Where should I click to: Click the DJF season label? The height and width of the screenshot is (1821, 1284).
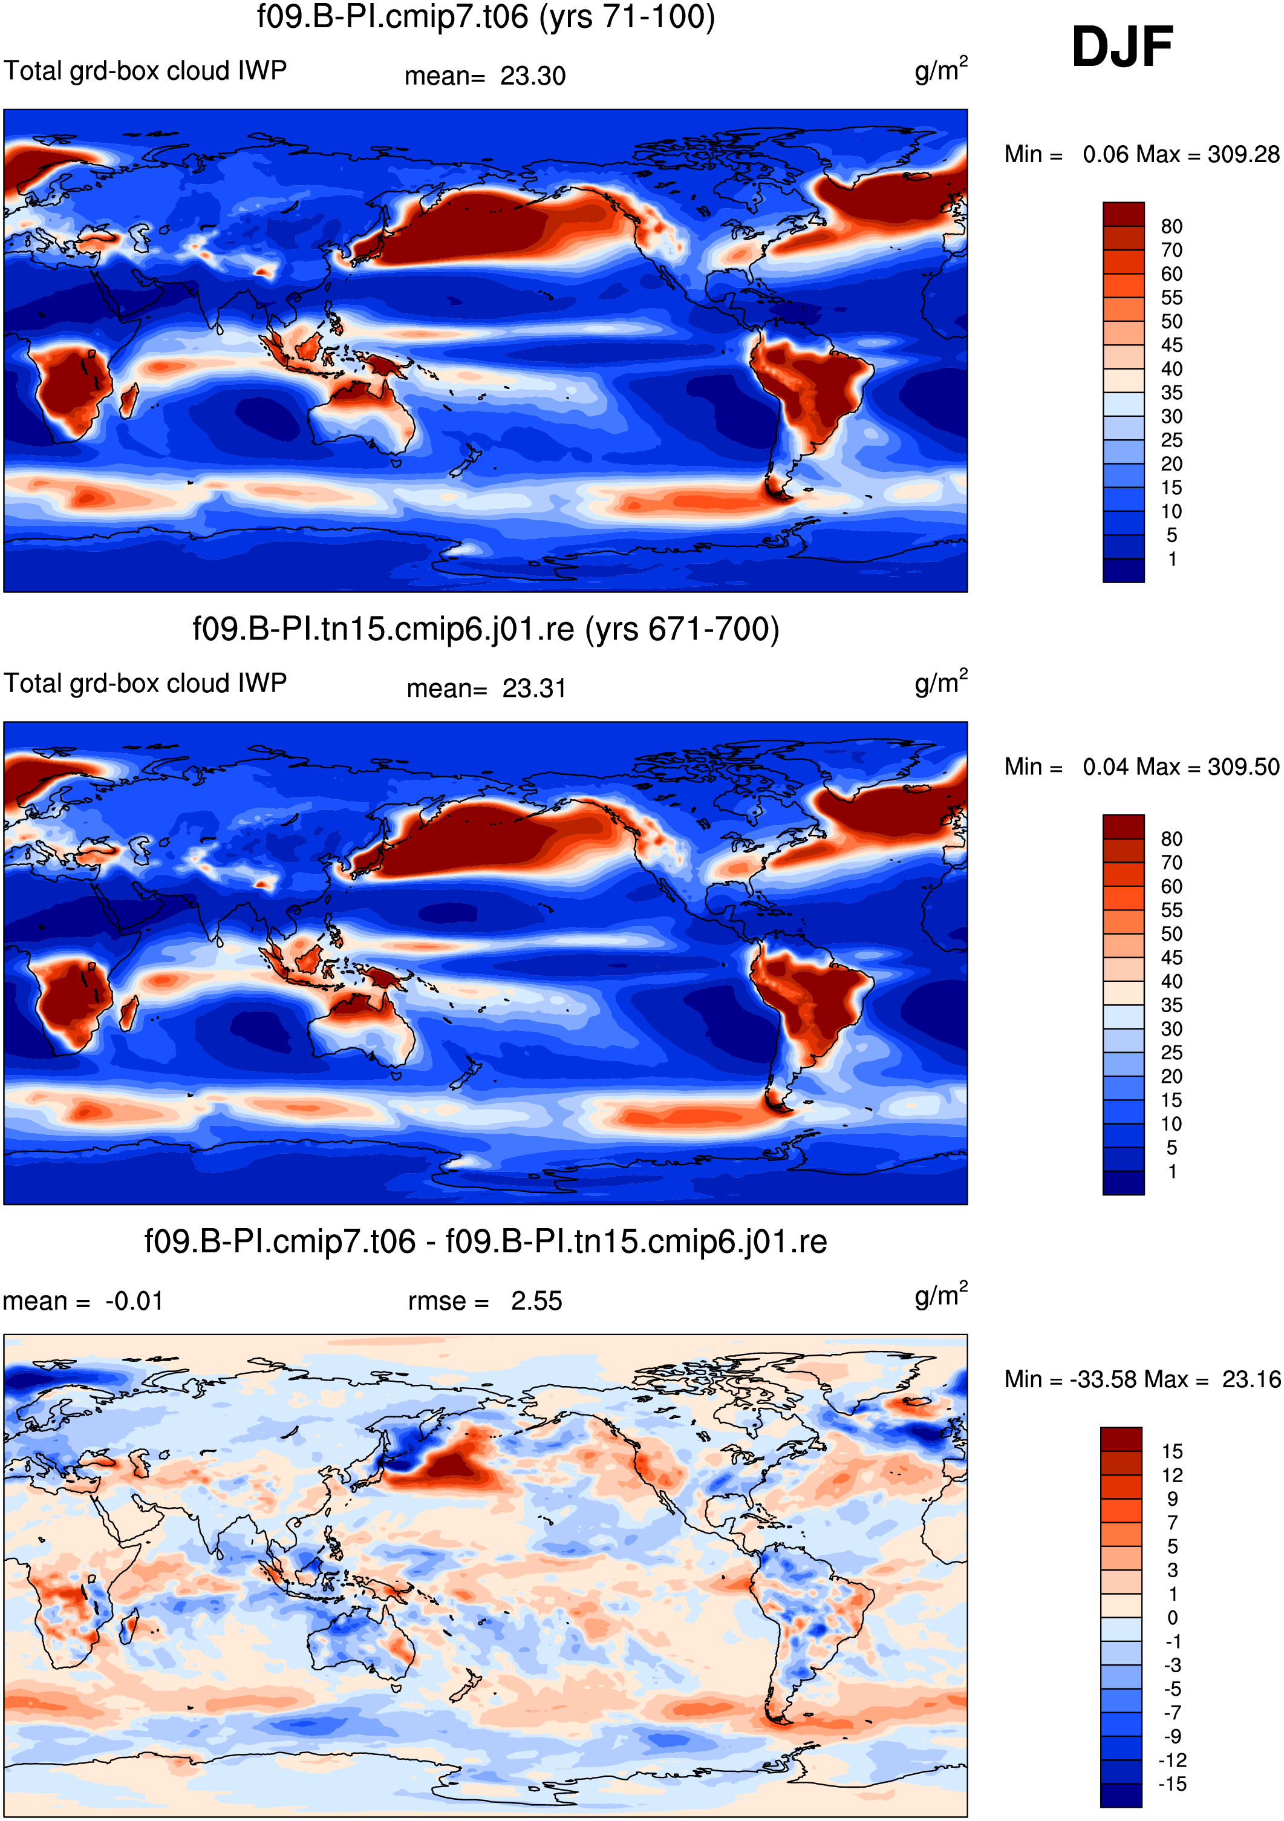(1121, 48)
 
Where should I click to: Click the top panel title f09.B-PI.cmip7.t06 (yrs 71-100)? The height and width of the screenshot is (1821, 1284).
(486, 17)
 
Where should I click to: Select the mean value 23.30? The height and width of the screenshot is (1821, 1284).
(533, 76)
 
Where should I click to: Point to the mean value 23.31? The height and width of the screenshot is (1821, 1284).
(534, 688)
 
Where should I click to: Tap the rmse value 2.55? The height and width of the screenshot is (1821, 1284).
(536, 1301)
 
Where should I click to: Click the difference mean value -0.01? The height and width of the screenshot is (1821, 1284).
(134, 1301)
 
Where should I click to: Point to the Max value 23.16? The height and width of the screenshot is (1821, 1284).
(1251, 1379)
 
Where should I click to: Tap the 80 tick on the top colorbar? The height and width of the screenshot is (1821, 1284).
(1172, 227)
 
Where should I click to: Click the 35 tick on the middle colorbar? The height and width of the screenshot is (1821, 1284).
(1172, 1005)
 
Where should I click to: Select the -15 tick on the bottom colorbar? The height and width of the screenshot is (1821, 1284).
(1172, 1785)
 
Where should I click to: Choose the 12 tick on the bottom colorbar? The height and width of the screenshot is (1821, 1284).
(1172, 1475)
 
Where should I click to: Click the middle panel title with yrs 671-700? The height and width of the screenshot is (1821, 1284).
(486, 629)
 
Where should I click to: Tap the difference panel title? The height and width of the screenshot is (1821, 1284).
(486, 1241)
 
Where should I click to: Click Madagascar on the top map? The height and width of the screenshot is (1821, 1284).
(128, 400)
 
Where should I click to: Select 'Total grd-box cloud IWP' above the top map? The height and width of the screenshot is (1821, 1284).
(145, 71)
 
